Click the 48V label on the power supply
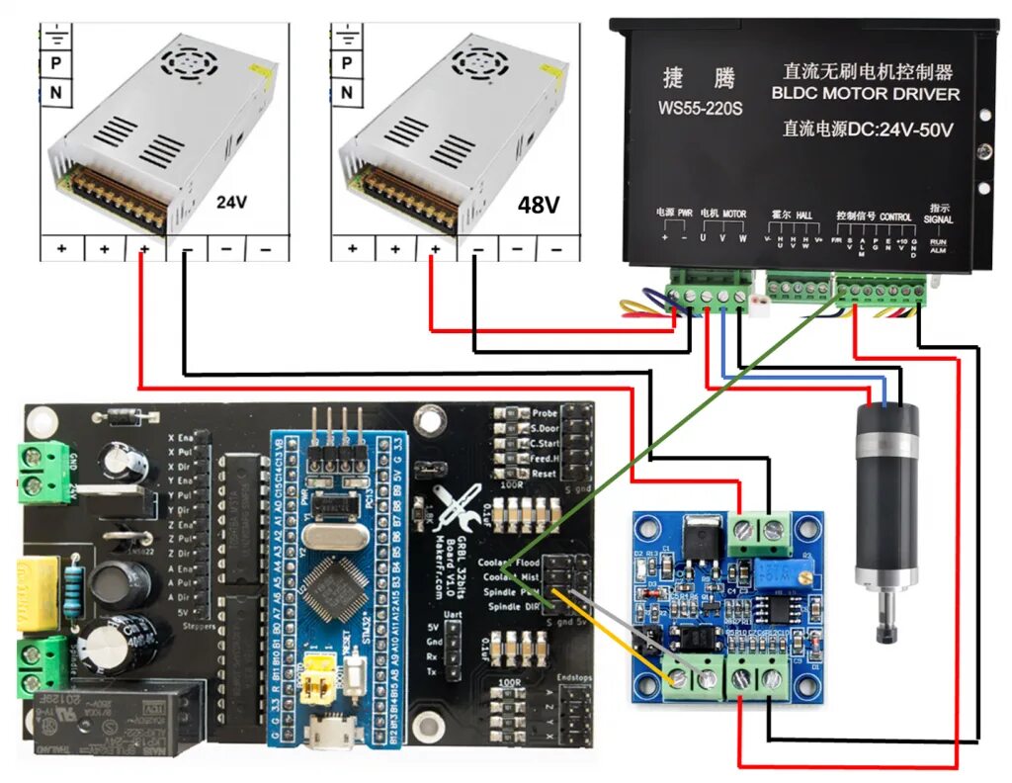(539, 205)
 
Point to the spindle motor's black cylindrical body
(886, 494)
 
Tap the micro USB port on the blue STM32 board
(321, 733)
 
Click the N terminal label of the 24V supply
(55, 93)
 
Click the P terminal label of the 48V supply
(346, 61)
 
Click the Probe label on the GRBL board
(545, 413)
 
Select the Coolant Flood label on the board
(509, 564)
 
